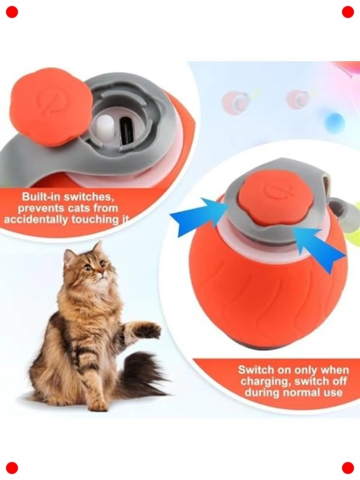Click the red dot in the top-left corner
click(12, 12)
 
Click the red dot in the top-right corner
click(348, 12)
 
